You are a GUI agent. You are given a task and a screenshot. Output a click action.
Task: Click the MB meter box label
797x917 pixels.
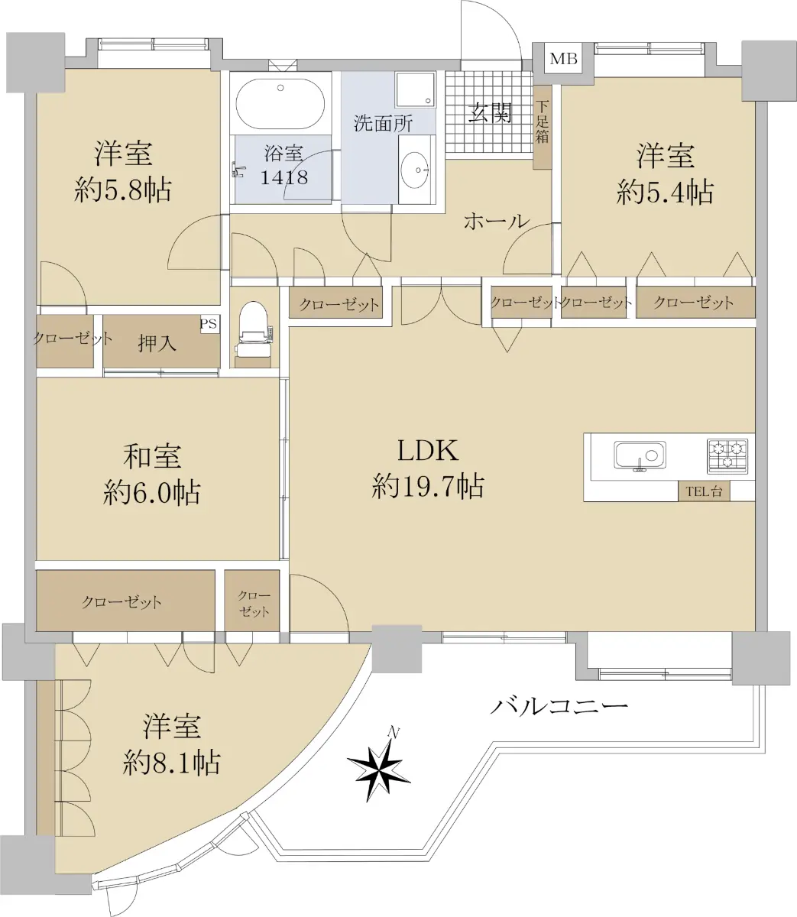click(x=564, y=59)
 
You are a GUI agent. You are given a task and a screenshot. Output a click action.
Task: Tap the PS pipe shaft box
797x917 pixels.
click(x=209, y=323)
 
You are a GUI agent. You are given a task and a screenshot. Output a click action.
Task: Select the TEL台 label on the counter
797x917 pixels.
click(x=704, y=491)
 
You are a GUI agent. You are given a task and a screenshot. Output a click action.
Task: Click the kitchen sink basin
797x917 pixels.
click(x=640, y=455)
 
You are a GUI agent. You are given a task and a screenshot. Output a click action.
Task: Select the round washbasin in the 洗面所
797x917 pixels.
click(x=414, y=170)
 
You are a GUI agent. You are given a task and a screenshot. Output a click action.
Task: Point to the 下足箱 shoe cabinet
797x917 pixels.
click(x=542, y=126)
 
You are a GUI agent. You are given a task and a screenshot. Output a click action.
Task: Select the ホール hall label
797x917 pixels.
click(x=497, y=222)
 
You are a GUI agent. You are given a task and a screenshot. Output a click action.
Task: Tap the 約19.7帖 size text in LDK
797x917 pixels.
click(x=428, y=487)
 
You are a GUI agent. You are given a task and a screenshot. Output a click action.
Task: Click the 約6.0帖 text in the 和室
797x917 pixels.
click(x=152, y=493)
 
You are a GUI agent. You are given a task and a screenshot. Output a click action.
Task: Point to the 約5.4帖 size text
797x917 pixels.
click(x=665, y=193)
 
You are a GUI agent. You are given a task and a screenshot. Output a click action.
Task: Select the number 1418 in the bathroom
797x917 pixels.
click(x=284, y=177)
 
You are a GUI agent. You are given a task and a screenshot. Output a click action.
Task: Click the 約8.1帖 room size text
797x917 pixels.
click(x=171, y=763)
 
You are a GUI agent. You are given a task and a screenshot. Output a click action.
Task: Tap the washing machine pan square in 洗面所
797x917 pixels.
click(x=415, y=89)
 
